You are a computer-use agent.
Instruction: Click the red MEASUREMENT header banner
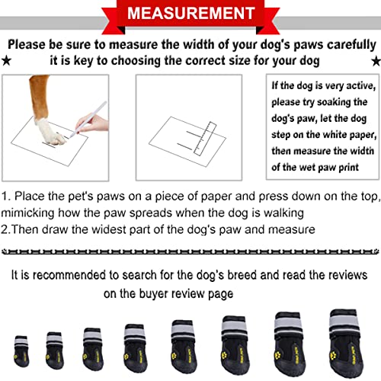(x=190, y=14)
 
